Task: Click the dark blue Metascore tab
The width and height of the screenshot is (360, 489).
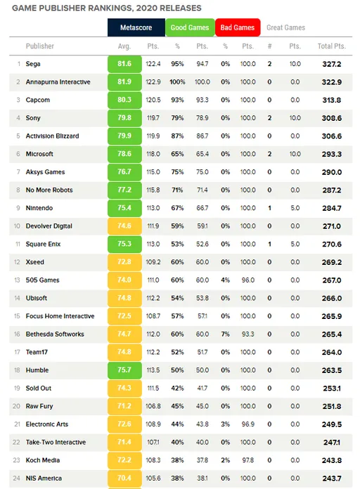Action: pyautogui.click(x=136, y=27)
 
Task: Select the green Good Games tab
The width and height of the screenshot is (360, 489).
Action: pyautogui.click(x=190, y=27)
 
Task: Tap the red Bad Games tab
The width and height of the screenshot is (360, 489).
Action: pyautogui.click(x=238, y=27)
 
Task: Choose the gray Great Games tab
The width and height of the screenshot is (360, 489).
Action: pyautogui.click(x=285, y=27)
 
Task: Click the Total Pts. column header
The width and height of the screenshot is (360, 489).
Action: pyautogui.click(x=332, y=46)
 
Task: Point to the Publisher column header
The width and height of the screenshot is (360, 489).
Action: pyautogui.click(x=39, y=46)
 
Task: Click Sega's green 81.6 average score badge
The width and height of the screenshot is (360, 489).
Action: pyautogui.click(x=124, y=64)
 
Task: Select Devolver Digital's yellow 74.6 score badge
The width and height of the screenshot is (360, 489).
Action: pyautogui.click(x=124, y=226)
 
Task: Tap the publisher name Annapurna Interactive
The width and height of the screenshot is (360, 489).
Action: pyautogui.click(x=58, y=82)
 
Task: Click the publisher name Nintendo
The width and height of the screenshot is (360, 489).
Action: pyautogui.click(x=39, y=208)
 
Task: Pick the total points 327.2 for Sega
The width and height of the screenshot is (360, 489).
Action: pyautogui.click(x=332, y=64)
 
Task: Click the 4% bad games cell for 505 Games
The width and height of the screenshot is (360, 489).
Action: pyautogui.click(x=225, y=280)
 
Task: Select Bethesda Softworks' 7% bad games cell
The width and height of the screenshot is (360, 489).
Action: pyautogui.click(x=225, y=334)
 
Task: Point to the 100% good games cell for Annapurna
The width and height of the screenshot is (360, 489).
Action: pyautogui.click(x=177, y=82)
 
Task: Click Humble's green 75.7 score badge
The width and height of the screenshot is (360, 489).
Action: pyautogui.click(x=124, y=370)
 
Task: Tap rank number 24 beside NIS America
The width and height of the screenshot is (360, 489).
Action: pyautogui.click(x=17, y=478)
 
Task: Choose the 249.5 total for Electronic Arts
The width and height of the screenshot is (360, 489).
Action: pyautogui.click(x=332, y=424)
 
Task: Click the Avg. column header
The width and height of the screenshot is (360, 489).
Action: pyautogui.click(x=124, y=46)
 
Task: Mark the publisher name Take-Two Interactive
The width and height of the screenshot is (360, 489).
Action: pyautogui.click(x=56, y=442)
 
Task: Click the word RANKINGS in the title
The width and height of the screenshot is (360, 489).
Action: pyautogui.click(x=107, y=8)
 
